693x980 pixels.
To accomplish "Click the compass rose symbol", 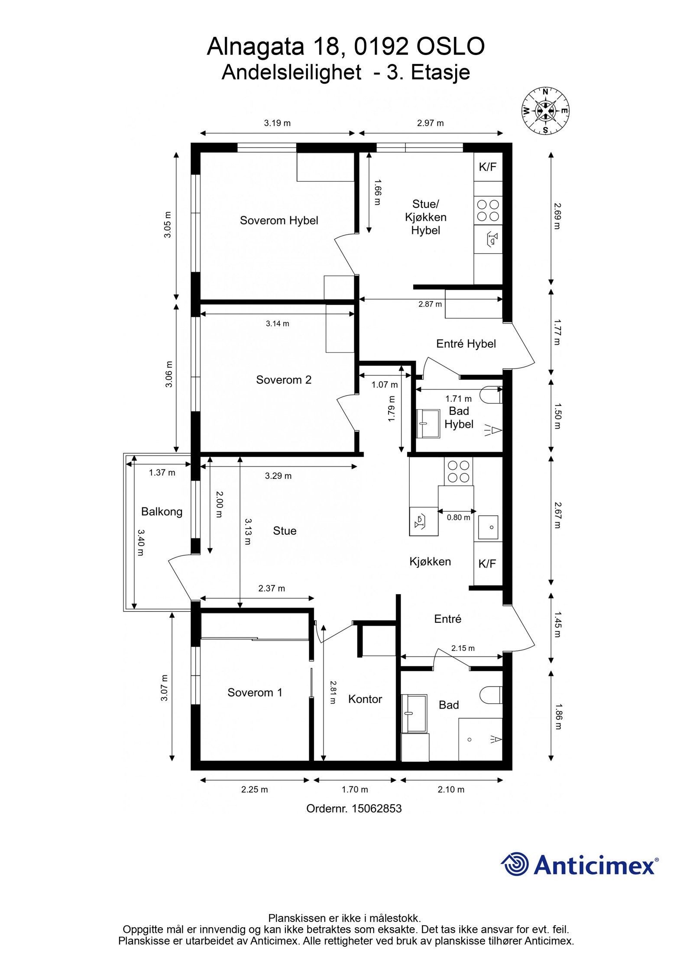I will click(545, 110).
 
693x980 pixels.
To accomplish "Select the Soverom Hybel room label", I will click(279, 220).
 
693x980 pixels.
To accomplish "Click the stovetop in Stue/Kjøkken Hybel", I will click(488, 210).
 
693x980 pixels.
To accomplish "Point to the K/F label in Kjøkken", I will click(487, 564).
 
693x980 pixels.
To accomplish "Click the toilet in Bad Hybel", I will click(493, 395).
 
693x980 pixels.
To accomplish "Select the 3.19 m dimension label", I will click(277, 123).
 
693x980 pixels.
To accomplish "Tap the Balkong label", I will click(162, 512).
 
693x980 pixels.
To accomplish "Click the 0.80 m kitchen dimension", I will click(458, 517).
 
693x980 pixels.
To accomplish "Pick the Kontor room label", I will click(365, 699).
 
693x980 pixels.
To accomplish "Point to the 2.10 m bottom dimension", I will click(451, 790).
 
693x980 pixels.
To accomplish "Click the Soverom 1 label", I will click(255, 693).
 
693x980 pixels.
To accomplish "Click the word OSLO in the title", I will click(450, 47).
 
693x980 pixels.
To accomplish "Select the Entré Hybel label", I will click(466, 344).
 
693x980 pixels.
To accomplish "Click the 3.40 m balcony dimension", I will click(140, 542).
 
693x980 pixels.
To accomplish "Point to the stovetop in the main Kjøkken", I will click(458, 472).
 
